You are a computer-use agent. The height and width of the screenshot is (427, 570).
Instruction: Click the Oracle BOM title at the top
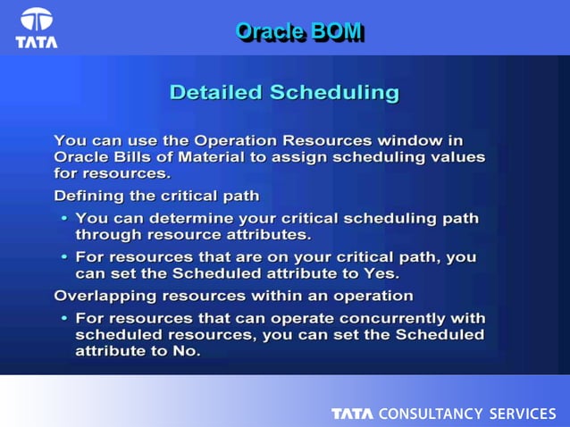tap(298, 31)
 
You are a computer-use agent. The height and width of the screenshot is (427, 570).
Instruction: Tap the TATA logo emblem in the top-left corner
tap(37, 21)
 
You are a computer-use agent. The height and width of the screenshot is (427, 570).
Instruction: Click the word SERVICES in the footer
tap(522, 414)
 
